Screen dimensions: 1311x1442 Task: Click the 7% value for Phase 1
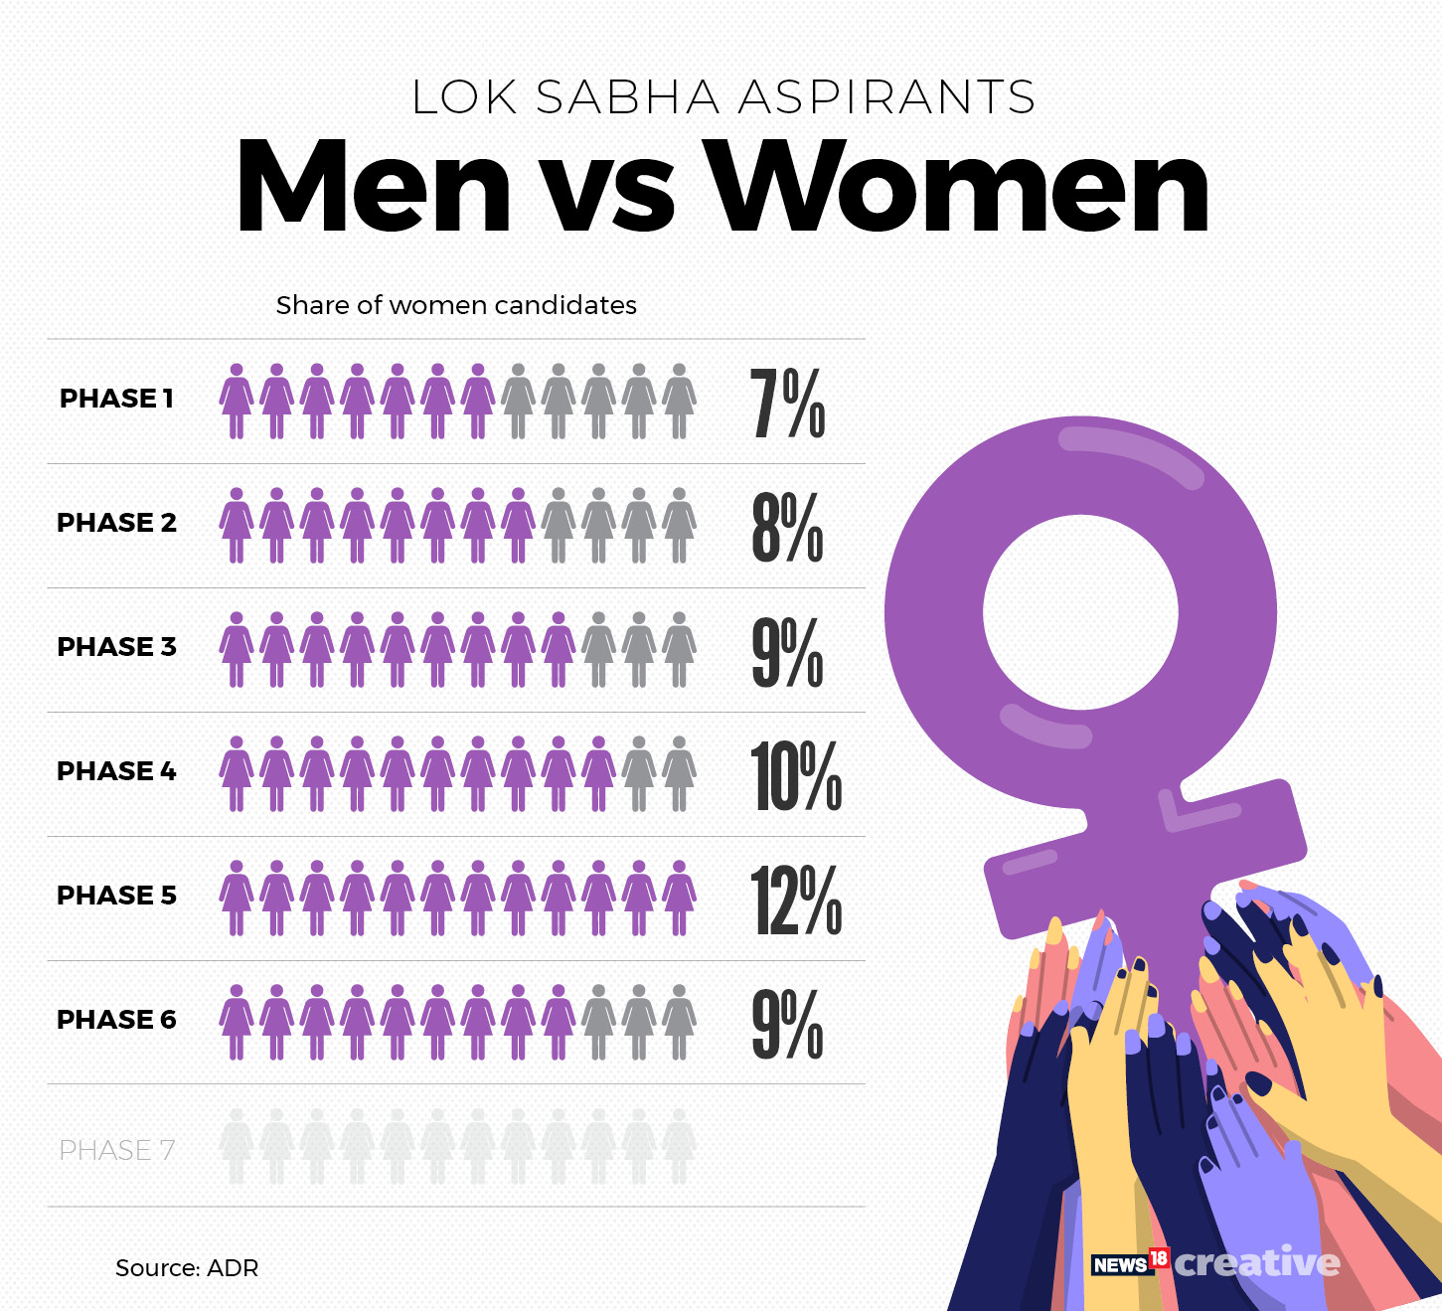pyautogui.click(x=787, y=403)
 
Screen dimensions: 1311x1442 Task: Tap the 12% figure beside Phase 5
pyautogui.click(x=795, y=901)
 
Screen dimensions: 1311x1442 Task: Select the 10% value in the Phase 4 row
pyautogui.click(x=795, y=776)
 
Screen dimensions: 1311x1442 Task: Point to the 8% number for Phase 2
pyautogui.click(x=787, y=527)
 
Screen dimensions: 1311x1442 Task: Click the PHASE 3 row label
pyautogui.click(x=116, y=647)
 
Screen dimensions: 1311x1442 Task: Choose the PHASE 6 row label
pyautogui.click(x=116, y=1020)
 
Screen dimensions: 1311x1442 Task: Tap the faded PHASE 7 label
pyautogui.click(x=116, y=1150)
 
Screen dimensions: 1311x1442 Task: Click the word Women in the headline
pyautogui.click(x=960, y=187)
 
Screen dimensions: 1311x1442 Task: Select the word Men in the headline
pyautogui.click(x=373, y=187)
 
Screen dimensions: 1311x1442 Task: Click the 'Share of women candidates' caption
pyautogui.click(x=456, y=305)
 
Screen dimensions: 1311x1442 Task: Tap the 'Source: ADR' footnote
pyautogui.click(x=187, y=1268)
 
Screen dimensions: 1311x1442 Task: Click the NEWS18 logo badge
pyautogui.click(x=1130, y=1263)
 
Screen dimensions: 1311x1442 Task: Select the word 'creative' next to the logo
pyautogui.click(x=1257, y=1262)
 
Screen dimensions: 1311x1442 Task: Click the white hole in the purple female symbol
pyautogui.click(x=1080, y=612)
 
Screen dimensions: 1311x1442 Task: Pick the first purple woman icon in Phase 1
pyautogui.click(x=237, y=402)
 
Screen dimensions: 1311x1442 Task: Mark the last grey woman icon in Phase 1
pyautogui.click(x=679, y=402)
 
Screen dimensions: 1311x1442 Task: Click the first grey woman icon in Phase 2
pyautogui.click(x=559, y=526)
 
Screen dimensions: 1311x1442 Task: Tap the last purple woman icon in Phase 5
pyautogui.click(x=679, y=899)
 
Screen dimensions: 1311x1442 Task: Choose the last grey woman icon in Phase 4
pyautogui.click(x=679, y=774)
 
